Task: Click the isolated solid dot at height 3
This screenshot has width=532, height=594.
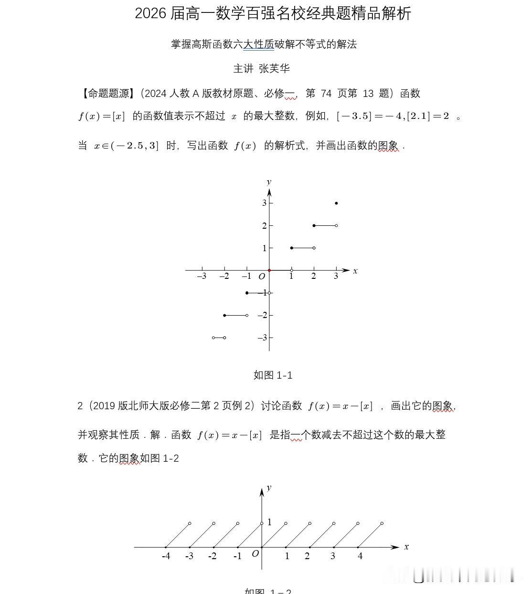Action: pyautogui.click(x=336, y=203)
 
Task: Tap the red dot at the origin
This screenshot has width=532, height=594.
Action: pyautogui.click(x=269, y=270)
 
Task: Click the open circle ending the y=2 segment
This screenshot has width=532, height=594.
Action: pyautogui.click(x=336, y=225)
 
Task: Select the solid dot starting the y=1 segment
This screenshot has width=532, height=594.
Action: pyautogui.click(x=292, y=248)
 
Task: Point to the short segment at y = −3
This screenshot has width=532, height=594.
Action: pyautogui.click(x=219, y=338)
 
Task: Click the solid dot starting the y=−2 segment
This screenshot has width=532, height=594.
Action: pyautogui.click(x=224, y=315)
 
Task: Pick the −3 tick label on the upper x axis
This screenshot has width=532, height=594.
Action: pyautogui.click(x=202, y=276)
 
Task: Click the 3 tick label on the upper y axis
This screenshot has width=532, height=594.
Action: pyautogui.click(x=264, y=203)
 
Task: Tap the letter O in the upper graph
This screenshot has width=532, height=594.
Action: pyautogui.click(x=262, y=276)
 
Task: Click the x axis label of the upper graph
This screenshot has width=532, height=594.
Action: pyautogui.click(x=355, y=271)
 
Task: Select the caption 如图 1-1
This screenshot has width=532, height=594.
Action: pyautogui.click(x=273, y=375)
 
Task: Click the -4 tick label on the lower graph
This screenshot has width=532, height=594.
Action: pyautogui.click(x=166, y=556)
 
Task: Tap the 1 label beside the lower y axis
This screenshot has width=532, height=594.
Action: pyautogui.click(x=269, y=522)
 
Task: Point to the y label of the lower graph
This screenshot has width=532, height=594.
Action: pyautogui.click(x=269, y=488)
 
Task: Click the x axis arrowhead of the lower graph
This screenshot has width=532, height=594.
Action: pyautogui.click(x=395, y=547)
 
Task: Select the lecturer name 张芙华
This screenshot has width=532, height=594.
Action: pyautogui.click(x=274, y=69)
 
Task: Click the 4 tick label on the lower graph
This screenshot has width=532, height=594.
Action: pyautogui.click(x=360, y=556)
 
